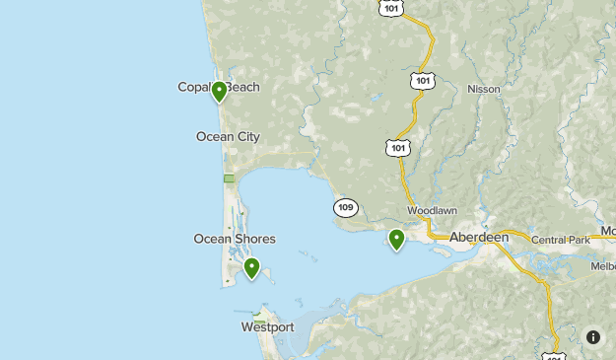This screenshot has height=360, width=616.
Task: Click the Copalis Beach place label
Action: tap(219, 87)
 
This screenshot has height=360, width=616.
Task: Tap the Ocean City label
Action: tap(228, 136)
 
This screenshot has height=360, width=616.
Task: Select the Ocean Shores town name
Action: tap(235, 239)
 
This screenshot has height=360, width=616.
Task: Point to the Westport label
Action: tap(267, 326)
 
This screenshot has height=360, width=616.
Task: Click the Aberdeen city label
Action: tap(479, 238)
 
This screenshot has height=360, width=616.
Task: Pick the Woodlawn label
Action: tap(432, 211)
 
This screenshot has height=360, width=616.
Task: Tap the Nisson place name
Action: tap(483, 89)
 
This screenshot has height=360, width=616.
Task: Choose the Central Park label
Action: tap(560, 240)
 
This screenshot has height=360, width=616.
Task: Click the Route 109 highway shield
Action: tap(345, 207)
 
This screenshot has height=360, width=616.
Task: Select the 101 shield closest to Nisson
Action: tap(423, 80)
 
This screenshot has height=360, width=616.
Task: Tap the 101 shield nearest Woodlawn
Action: tap(397, 148)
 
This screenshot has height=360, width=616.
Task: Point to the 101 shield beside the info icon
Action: tap(554, 353)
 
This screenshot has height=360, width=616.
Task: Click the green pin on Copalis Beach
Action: tap(219, 92)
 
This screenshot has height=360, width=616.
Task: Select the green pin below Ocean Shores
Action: tap(251, 267)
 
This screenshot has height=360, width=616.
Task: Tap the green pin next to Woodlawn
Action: tap(396, 239)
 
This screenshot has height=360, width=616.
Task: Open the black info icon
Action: tap(593, 336)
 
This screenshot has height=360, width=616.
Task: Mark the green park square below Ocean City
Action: tap(229, 179)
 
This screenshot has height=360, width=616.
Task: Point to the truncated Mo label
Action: tap(607, 232)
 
